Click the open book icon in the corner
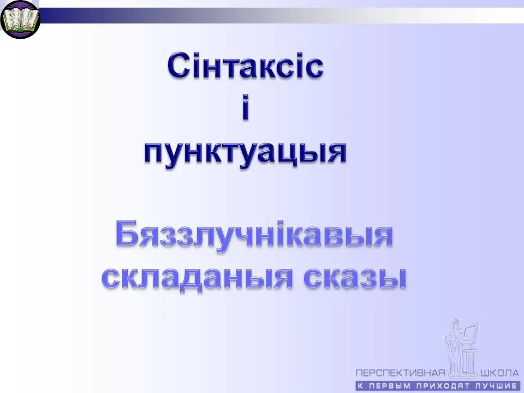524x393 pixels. tap(20, 20)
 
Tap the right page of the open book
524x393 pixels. tap(27, 19)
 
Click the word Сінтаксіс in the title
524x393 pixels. tap(245, 67)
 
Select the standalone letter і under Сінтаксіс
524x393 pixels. tap(245, 109)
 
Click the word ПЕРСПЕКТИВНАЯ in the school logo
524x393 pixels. tap(401, 373)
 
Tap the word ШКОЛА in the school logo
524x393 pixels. tap(499, 373)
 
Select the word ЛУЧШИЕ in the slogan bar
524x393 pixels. tap(497, 385)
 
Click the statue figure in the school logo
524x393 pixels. tap(452, 344)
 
